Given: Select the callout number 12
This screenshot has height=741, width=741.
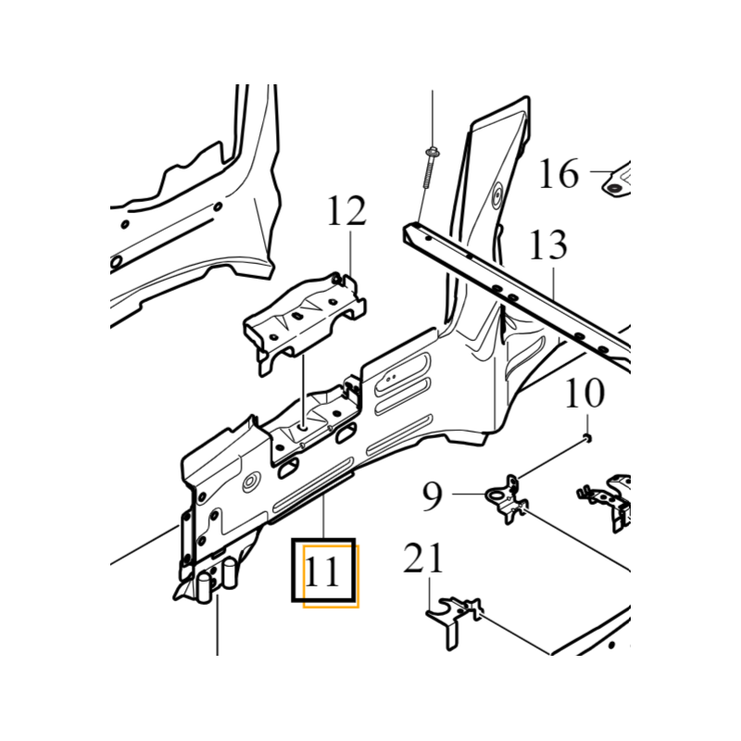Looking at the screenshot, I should [x=346, y=212].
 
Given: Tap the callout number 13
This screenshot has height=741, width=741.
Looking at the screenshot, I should [x=547, y=246].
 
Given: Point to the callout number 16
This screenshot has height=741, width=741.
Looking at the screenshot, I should [x=559, y=173].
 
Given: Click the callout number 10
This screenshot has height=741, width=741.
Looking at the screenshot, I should [x=584, y=394].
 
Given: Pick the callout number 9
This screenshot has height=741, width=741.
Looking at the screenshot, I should [x=433, y=496].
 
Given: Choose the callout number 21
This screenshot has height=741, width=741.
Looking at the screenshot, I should [x=423, y=559].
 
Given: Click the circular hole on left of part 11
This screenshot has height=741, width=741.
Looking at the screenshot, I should [x=250, y=484].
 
